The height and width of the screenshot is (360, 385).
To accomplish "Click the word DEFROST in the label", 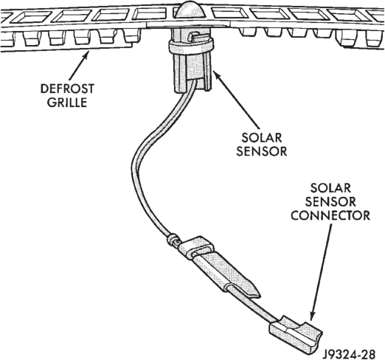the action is pos(67,89).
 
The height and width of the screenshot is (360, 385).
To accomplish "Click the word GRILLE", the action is pos(67,103).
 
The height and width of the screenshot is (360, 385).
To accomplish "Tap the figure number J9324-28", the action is pos(350,354).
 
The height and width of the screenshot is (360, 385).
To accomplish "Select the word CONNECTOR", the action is pos(330,215).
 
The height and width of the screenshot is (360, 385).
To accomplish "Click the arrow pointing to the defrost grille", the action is pos(78,65).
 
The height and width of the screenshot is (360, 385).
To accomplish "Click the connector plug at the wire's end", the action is pos(296,333).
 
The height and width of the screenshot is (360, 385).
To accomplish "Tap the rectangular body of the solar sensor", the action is pos(192,73).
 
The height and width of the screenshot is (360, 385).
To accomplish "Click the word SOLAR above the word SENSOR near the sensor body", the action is pos(262,138).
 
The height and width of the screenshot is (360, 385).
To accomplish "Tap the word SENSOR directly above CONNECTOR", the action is pos(330,202).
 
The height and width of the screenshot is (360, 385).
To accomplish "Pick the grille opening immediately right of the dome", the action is pos(229,13).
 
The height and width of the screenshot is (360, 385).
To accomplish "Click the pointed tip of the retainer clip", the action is pos(259,294).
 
